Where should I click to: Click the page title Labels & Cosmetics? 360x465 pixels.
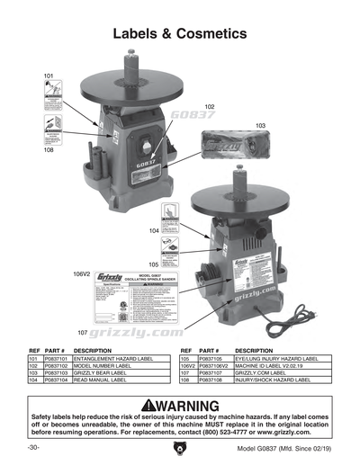[179, 34]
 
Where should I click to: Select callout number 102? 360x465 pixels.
[209, 106]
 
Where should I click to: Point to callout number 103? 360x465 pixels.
[261, 125]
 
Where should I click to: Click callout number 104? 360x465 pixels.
[155, 231]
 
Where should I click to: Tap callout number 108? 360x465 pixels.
[48, 150]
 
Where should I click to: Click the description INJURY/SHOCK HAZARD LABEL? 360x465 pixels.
[272, 381]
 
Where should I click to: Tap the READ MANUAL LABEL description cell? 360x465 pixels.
[102, 381]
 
